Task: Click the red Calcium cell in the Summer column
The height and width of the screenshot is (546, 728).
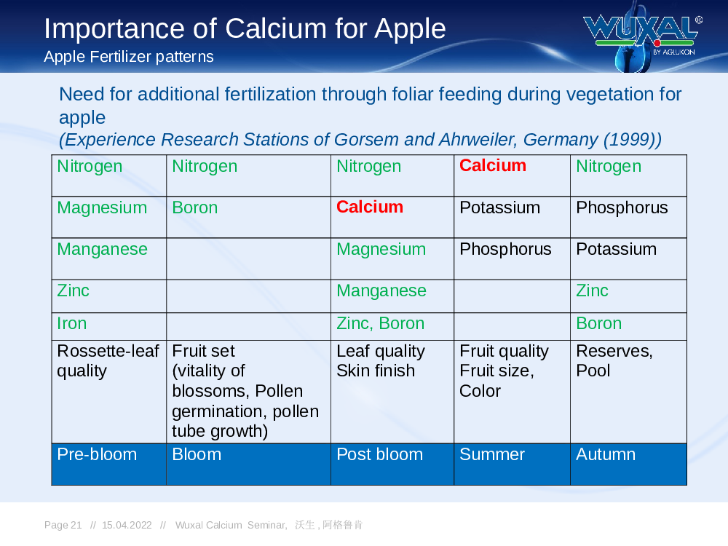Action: (512, 175)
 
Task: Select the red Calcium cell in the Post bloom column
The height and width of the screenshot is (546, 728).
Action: (392, 217)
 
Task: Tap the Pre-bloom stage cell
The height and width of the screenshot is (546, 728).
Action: (108, 464)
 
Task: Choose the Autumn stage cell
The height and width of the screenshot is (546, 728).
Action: (628, 464)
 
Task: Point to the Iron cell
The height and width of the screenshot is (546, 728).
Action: (108, 326)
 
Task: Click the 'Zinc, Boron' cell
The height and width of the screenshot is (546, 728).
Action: (392, 326)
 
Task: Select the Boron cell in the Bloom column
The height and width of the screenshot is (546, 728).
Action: (248, 217)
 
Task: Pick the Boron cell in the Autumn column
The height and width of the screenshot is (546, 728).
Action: (628, 326)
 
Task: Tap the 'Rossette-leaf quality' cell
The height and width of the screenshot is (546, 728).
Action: (108, 392)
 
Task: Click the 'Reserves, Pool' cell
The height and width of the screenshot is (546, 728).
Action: (628, 392)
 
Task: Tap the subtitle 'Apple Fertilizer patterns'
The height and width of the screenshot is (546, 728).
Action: (129, 57)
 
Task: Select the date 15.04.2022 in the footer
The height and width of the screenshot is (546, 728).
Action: (127, 525)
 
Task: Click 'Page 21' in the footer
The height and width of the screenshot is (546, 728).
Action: (63, 525)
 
